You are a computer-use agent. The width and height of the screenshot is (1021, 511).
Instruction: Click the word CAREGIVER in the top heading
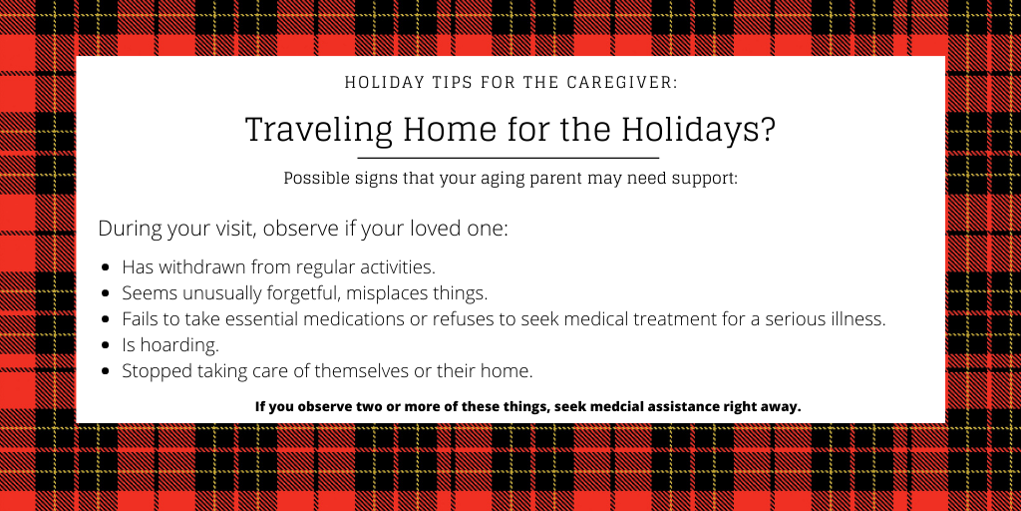(x=622, y=83)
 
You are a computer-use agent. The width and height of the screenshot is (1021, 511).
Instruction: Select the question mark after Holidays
(x=768, y=129)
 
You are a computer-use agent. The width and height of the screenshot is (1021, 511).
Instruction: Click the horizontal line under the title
(x=508, y=158)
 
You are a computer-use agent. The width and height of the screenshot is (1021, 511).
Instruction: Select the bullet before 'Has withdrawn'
(x=106, y=267)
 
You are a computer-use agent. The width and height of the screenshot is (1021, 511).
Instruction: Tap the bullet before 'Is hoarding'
(x=106, y=344)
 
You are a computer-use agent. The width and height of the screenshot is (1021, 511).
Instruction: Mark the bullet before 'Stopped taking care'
(x=106, y=371)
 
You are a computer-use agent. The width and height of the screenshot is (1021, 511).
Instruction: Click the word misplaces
(x=387, y=293)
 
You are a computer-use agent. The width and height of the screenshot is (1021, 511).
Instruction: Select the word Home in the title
(x=450, y=129)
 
